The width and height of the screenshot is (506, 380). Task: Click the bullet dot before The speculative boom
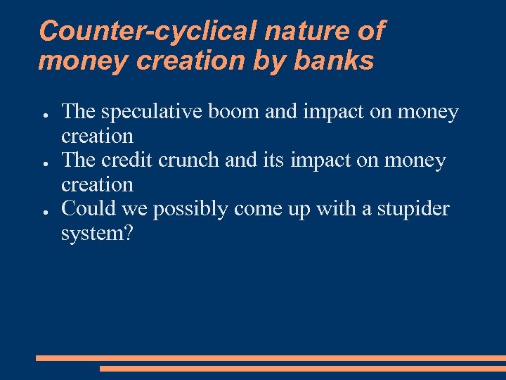[x=44, y=114]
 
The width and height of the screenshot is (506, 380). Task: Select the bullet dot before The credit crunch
[x=44, y=163]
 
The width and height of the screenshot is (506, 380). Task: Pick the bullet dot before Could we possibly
[x=44, y=211]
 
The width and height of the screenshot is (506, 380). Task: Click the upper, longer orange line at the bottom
[x=271, y=358]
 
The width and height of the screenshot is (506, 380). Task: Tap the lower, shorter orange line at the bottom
[x=302, y=368]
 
